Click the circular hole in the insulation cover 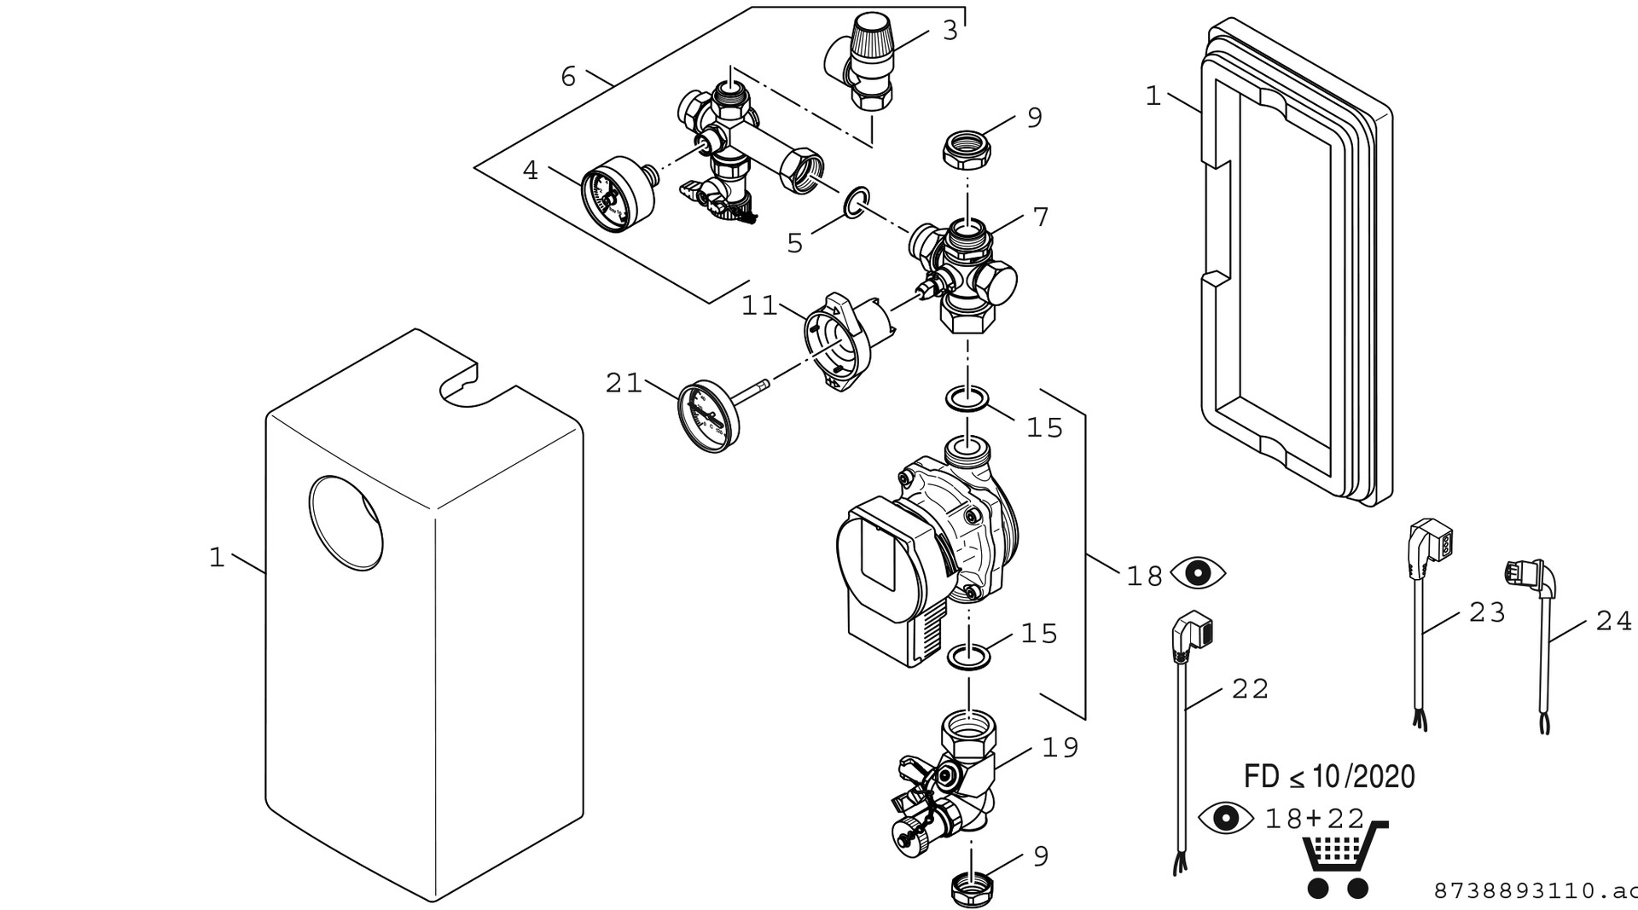click(346, 522)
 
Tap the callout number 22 click(1251, 689)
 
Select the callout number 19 click(1060, 748)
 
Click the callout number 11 click(759, 305)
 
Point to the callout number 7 click(1040, 217)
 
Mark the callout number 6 click(569, 77)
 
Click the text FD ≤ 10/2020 click(1329, 777)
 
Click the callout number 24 click(1613, 622)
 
